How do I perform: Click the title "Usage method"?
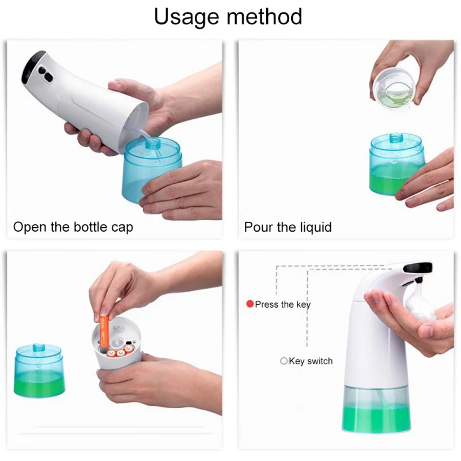[x=228, y=18]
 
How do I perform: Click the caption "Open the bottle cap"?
[x=73, y=227]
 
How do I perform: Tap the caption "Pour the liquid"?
[x=288, y=227]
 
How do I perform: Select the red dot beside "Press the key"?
[x=250, y=304]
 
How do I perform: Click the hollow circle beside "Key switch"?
[x=284, y=361]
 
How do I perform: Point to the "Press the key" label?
[x=282, y=305]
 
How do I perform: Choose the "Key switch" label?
[x=311, y=361]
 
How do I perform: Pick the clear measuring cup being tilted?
[x=394, y=88]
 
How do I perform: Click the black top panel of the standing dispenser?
[x=417, y=267]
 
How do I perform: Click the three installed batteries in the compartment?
[x=120, y=351]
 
